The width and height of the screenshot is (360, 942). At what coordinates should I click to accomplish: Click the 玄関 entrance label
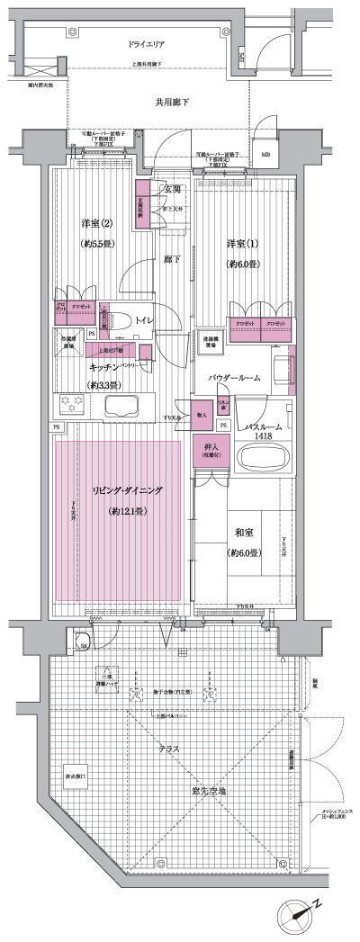click(x=172, y=189)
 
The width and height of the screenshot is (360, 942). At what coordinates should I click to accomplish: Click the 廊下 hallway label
click(x=171, y=259)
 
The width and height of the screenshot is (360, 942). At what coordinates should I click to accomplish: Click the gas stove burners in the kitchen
click(x=68, y=402)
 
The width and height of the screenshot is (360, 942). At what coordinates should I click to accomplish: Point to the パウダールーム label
click(x=234, y=379)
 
